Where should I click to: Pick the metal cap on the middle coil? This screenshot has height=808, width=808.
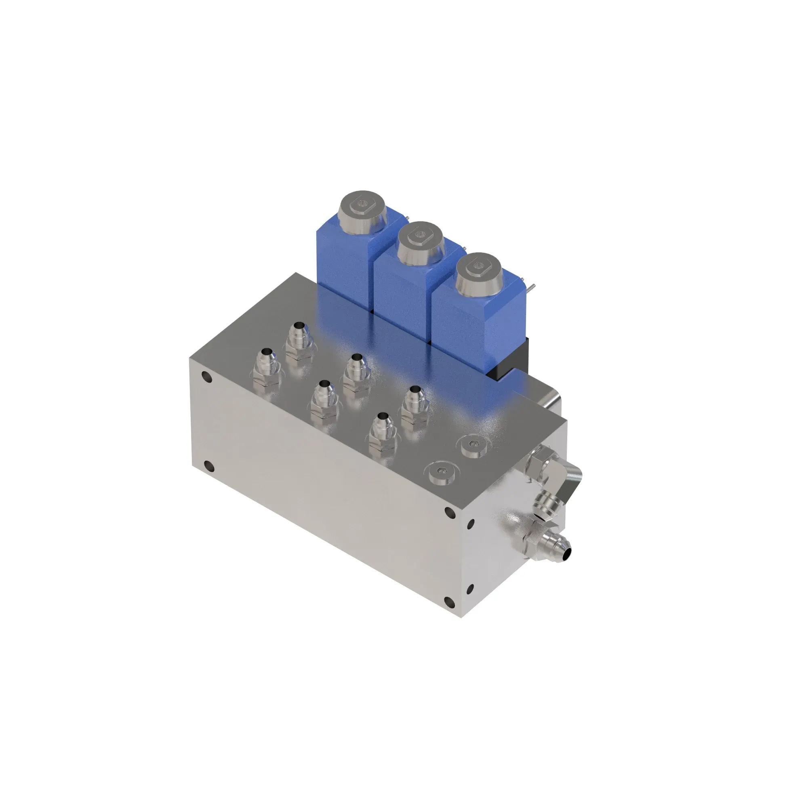[x=420, y=238]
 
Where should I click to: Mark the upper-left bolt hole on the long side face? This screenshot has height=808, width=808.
[x=207, y=379]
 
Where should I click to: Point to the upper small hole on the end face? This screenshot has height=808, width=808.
[x=471, y=523]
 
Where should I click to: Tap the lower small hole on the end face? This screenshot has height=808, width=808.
[x=470, y=589]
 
